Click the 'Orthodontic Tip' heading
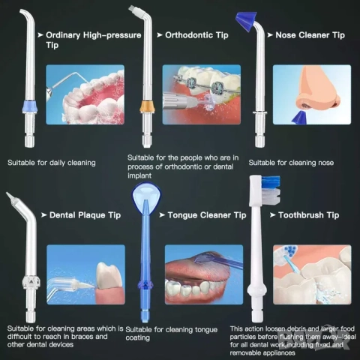tap(196, 35)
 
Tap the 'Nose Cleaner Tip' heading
tap(310, 35)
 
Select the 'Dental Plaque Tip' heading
tap(85, 215)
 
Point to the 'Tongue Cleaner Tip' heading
tap(207, 215)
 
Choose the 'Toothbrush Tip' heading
tap(309, 215)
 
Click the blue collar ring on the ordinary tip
tap(29, 106)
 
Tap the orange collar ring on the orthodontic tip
tap(147, 106)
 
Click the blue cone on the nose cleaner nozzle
tap(247, 21)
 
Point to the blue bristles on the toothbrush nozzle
tap(271, 181)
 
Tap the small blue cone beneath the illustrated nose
tap(299, 118)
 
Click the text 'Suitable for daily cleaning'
tap(52, 163)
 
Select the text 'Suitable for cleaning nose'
tap(291, 163)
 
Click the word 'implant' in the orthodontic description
tap(139, 175)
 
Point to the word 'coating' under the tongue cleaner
tap(138, 338)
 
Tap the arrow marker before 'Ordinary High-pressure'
tap(40, 35)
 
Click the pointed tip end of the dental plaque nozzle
tap(7, 193)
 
